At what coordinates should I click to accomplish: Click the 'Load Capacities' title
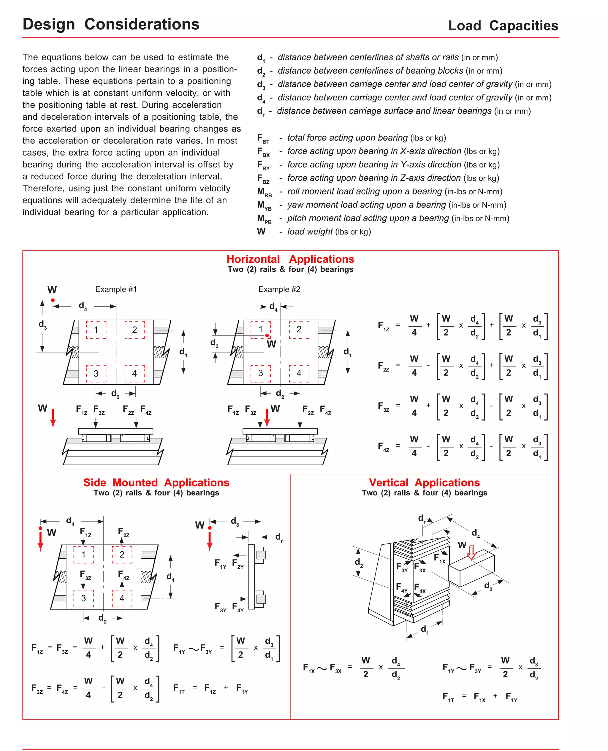point(503,26)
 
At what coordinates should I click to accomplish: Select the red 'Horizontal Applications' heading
point(290,259)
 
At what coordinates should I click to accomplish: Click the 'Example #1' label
point(116,289)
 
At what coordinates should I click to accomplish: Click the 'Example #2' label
point(279,289)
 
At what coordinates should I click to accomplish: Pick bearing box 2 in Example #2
point(299,329)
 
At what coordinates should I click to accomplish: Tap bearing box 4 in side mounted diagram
point(122,598)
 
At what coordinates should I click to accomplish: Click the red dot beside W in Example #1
point(53,300)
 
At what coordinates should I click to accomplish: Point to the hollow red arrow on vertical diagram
point(472,552)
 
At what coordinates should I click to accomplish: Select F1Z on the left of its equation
point(384,326)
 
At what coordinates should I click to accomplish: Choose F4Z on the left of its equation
point(384,447)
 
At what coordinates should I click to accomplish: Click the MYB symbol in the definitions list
point(264,205)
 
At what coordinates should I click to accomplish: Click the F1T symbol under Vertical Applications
point(448,697)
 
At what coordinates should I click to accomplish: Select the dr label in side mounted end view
point(279,538)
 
